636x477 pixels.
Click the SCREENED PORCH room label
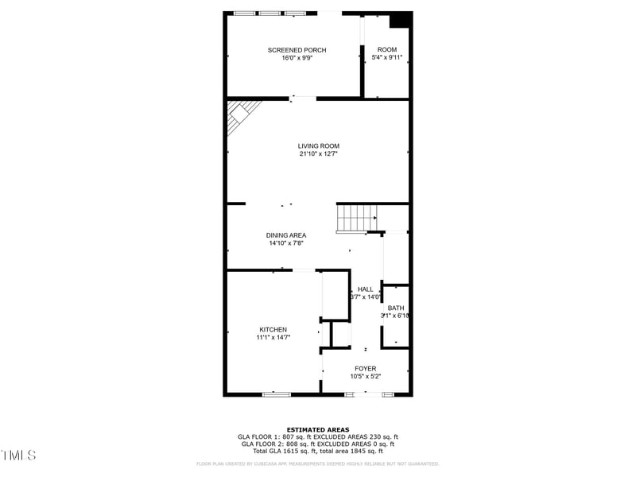tap(297, 50)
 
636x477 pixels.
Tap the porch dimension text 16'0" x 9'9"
tap(297, 58)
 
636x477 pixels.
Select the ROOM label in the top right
tap(387, 50)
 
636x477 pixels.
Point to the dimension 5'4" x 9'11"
tap(387, 58)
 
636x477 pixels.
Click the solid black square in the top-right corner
tap(403, 20)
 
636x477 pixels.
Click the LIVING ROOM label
tap(319, 145)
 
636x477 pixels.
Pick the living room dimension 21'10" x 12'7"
tap(319, 153)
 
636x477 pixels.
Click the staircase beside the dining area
tap(355, 217)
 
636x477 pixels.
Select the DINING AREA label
tap(286, 235)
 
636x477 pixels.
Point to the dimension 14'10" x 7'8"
tap(286, 243)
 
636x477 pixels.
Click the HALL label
tap(365, 289)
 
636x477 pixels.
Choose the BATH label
tap(396, 308)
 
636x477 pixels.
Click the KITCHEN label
tap(273, 329)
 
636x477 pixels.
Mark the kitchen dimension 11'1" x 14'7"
tap(273, 337)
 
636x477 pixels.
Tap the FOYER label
tap(366, 368)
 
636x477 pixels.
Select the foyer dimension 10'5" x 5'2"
tap(366, 376)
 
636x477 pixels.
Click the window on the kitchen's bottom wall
tap(277, 394)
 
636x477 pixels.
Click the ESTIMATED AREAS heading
tap(318, 429)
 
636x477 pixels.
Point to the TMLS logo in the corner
tap(18, 456)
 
